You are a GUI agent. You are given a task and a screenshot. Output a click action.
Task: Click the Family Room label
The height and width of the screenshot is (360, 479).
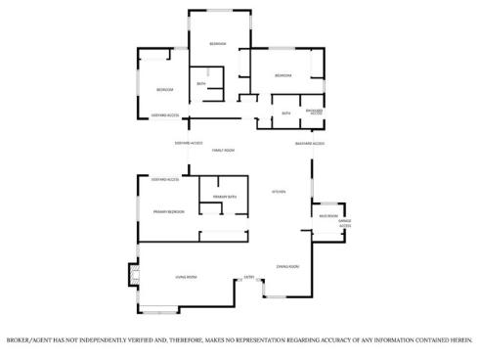(x=224, y=150)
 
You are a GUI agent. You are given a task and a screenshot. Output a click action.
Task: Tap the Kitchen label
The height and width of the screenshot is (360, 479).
(x=278, y=191)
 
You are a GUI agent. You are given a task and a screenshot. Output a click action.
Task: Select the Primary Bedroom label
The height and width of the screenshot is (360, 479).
(x=169, y=211)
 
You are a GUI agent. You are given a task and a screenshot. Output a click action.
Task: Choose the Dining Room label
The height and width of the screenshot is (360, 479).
(x=286, y=266)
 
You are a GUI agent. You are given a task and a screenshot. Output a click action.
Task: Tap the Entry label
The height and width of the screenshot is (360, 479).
(x=248, y=277)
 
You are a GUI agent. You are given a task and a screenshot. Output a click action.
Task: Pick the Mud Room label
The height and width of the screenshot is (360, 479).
(x=328, y=216)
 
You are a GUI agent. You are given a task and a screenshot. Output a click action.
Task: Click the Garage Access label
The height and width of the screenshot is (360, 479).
(x=345, y=224)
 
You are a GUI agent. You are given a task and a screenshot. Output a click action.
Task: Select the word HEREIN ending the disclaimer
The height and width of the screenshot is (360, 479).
(x=458, y=340)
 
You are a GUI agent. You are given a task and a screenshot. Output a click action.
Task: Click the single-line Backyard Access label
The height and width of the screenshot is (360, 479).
(x=310, y=144)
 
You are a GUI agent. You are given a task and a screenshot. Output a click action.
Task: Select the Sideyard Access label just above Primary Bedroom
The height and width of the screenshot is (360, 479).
(x=164, y=179)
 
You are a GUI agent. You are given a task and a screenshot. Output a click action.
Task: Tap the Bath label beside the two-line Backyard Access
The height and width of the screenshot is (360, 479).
(x=285, y=113)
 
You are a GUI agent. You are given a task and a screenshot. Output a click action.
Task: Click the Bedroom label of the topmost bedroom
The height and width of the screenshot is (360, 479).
(x=217, y=44)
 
